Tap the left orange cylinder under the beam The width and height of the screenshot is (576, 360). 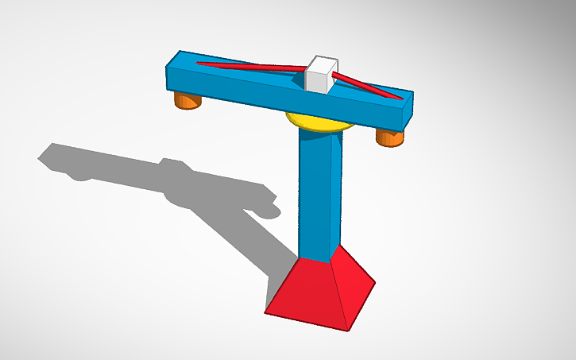[187, 101]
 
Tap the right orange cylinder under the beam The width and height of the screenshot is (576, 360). [389, 137]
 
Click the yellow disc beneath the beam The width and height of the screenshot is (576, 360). [318, 122]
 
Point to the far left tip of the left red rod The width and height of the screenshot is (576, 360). [200, 63]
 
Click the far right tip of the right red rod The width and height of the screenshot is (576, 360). [399, 99]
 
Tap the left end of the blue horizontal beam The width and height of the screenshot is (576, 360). [171, 72]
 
